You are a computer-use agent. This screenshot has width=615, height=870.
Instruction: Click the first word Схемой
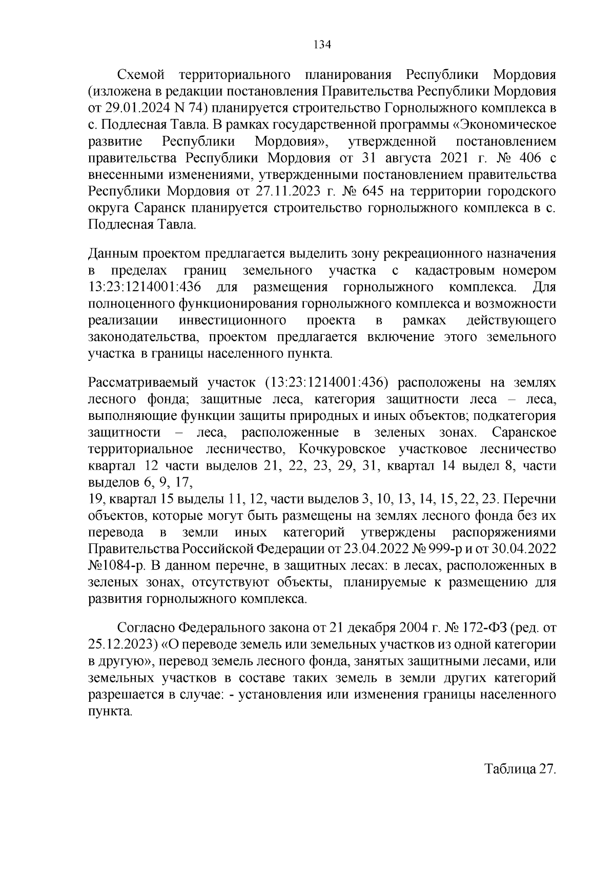[x=140, y=75]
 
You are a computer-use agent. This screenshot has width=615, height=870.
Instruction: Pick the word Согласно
[x=145, y=628]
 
